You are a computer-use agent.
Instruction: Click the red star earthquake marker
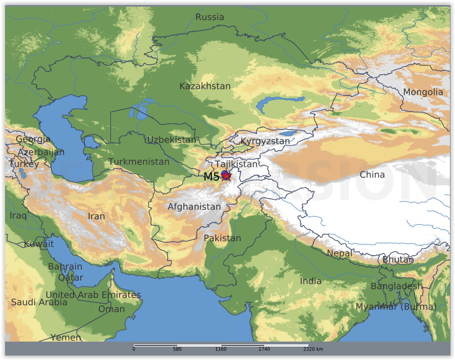226,176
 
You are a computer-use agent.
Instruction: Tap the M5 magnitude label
211,177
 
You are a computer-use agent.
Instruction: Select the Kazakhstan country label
205,86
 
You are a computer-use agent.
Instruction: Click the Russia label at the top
210,17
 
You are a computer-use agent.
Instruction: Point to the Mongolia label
423,92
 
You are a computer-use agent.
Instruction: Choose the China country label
372,175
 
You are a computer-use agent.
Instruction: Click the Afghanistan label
194,207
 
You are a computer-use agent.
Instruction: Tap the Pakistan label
222,238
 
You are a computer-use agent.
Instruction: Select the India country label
311,281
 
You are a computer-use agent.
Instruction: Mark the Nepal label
340,253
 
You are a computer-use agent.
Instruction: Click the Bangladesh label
396,286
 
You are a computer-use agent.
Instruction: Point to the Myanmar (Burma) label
396,306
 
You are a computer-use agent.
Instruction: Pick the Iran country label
96,216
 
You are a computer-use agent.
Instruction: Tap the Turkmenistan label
139,162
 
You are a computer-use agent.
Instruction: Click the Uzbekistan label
172,140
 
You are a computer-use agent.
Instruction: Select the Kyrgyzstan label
265,141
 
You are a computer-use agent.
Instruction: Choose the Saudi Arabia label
39,302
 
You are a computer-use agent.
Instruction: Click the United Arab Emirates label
93,295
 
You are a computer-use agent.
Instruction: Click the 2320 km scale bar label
313,349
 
